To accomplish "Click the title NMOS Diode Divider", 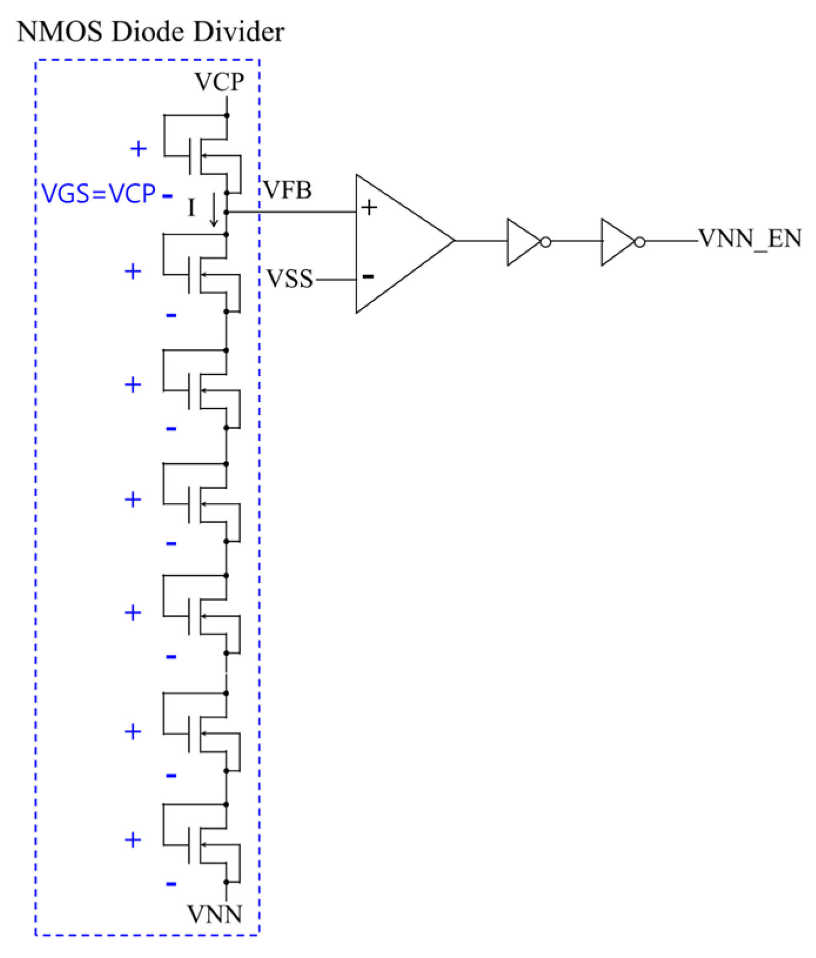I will coord(150,32).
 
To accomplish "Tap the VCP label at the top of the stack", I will coord(220,82).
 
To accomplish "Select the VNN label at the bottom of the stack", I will coord(214,915).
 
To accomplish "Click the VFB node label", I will coord(287,190).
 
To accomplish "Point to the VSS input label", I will coord(290,279).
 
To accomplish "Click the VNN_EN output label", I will coord(750,239).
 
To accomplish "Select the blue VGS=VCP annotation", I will coord(99,194).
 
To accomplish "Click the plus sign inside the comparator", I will coord(370,207).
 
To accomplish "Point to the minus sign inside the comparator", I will coord(368,276).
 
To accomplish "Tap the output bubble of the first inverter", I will coord(546,242).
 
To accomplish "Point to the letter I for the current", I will coord(191,208).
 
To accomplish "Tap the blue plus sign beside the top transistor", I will coord(138,149).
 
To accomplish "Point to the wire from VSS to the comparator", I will coord(335,280).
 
